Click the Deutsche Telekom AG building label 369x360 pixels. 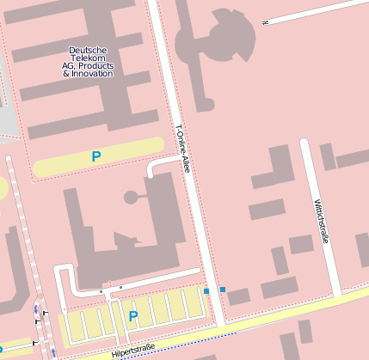pos(88,62)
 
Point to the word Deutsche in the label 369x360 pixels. pos(88,50)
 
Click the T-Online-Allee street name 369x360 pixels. pos(181,149)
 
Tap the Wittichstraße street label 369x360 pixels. pos(323,222)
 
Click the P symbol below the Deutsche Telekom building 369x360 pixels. pos(96,157)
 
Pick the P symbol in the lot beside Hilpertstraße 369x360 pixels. pos(132,317)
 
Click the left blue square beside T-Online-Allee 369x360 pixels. pos(206,291)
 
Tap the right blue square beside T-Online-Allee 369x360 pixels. pos(223,290)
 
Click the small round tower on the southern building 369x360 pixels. pos(131,198)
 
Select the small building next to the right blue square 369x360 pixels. pos(238,297)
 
